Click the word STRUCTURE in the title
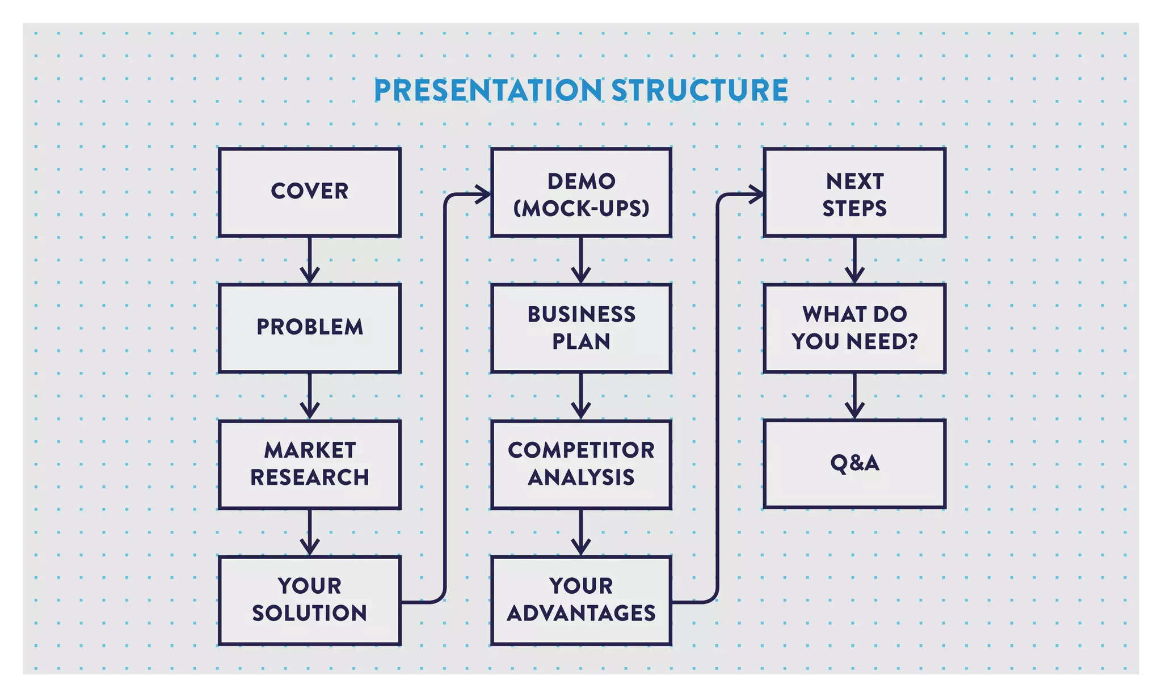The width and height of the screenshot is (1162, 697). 699,90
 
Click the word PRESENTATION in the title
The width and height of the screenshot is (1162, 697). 488,90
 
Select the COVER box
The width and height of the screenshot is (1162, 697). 310,192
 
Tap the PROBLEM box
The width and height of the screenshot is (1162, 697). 310,328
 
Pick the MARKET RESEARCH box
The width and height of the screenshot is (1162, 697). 310,464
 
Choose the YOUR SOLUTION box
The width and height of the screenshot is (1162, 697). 310,600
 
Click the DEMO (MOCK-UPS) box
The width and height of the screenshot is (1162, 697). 581,192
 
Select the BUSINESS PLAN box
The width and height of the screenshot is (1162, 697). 581,328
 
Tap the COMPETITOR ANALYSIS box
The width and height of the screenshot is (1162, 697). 581,464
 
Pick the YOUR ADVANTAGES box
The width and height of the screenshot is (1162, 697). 581,600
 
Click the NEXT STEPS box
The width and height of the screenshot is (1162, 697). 854,192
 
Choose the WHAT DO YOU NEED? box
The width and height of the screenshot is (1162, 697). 854,328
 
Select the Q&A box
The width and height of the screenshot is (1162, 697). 854,464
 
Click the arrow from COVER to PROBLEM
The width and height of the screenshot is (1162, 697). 310,261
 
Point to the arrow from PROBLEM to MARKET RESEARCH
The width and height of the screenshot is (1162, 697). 310,396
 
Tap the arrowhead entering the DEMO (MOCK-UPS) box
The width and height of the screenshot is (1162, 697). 484,195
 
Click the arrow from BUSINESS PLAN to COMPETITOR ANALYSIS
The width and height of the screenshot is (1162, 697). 581,396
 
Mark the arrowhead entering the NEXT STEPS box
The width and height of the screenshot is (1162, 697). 757,195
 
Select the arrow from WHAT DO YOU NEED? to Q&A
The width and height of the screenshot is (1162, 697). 854,396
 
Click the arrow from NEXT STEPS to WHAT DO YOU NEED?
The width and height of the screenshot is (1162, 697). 854,261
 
